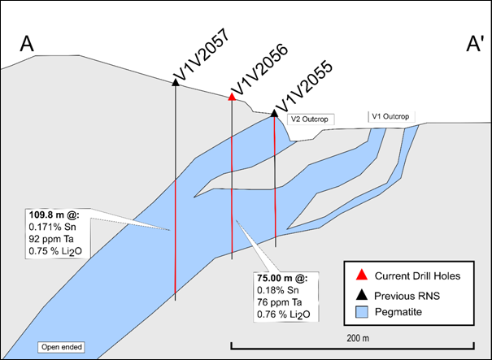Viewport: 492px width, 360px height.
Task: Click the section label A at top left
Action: (x=27, y=45)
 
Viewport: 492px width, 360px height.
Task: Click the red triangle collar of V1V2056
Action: (x=232, y=96)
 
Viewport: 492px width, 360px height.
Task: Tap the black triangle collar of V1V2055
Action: (x=275, y=112)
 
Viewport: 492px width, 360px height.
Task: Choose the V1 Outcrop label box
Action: (x=388, y=116)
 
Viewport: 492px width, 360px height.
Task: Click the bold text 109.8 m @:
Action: (x=53, y=215)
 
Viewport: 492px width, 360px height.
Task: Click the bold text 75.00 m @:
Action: (x=281, y=276)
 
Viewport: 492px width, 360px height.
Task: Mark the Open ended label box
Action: (x=61, y=348)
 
